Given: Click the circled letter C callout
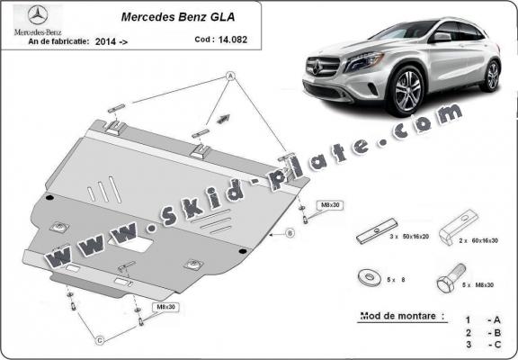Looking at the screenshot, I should [101, 339].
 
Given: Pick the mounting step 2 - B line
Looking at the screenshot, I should [478, 332].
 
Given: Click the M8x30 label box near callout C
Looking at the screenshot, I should [165, 307].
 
